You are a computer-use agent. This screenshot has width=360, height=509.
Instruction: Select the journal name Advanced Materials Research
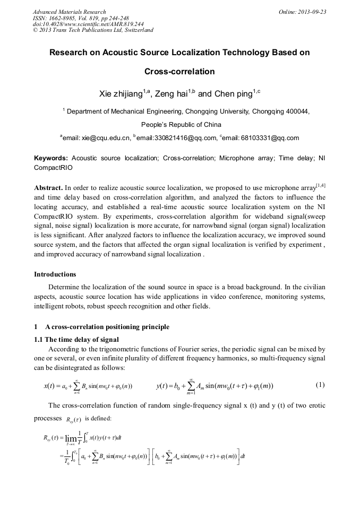pyautogui.click(x=70, y=12)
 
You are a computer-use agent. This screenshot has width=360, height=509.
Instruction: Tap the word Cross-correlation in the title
pyautogui.click(x=179, y=71)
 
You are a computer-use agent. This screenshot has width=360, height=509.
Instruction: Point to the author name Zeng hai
pyautogui.click(x=171, y=94)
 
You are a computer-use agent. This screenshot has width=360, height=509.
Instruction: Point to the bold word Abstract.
pyautogui.click(x=48, y=188)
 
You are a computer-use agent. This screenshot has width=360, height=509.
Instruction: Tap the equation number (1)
pyautogui.click(x=320, y=385)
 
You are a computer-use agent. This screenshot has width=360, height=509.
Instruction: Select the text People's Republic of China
pyautogui.click(x=179, y=125)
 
